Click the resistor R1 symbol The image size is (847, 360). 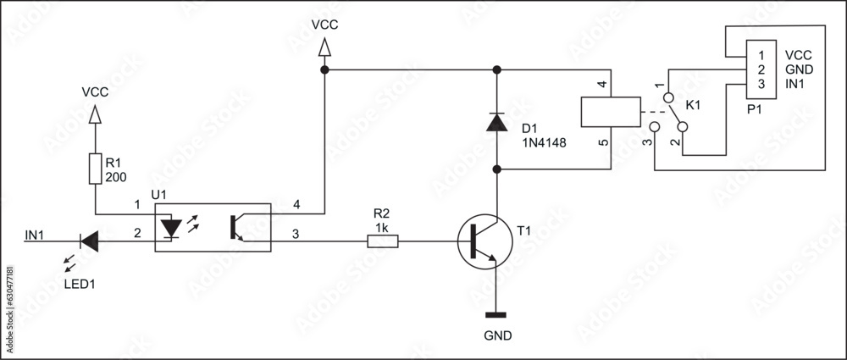[95, 169]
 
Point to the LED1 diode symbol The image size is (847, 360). [89, 241]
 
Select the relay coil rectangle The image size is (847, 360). [610, 112]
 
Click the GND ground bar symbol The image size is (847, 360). [497, 314]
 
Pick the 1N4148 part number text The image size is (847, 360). [544, 142]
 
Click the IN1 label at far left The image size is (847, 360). [36, 234]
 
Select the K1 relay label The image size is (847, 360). [693, 105]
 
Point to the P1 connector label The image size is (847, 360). [755, 108]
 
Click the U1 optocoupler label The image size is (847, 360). [159, 195]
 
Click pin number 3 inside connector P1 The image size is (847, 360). [761, 85]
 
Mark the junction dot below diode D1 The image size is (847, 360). [497, 170]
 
